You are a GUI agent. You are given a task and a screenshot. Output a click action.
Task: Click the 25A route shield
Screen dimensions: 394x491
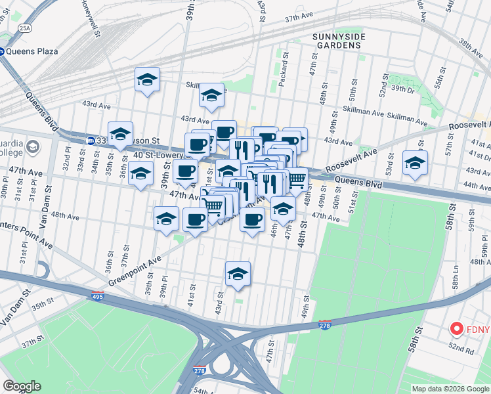click(24, 28)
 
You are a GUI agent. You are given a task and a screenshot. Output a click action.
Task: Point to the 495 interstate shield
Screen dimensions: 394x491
click(96, 297)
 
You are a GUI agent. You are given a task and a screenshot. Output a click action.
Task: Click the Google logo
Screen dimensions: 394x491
click(22, 386)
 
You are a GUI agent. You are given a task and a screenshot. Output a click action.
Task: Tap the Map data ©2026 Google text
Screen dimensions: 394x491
click(450, 389)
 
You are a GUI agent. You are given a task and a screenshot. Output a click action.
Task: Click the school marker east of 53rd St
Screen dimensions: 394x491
click(415, 162)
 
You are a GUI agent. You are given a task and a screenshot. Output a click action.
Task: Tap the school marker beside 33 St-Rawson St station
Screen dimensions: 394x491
click(121, 134)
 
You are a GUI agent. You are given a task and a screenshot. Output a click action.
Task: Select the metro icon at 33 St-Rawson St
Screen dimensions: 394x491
click(90, 140)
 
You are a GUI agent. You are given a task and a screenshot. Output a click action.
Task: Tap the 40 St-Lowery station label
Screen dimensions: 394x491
click(158, 155)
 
